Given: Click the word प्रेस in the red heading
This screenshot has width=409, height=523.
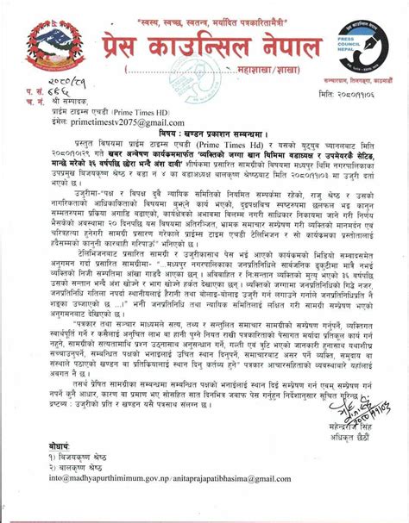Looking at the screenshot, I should pos(127,49).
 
